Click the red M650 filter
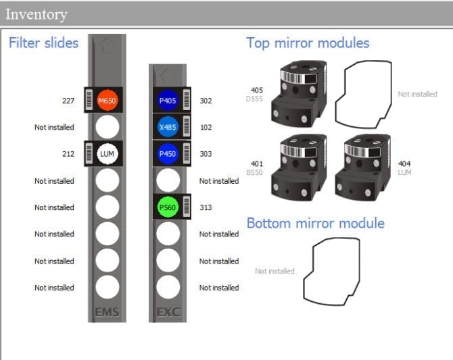click(x=108, y=101)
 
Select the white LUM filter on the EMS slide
click(x=108, y=154)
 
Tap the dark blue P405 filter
click(x=168, y=101)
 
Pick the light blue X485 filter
click(x=168, y=127)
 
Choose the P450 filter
click(x=168, y=154)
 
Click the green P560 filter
click(x=168, y=207)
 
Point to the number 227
click(x=68, y=101)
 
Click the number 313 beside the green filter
click(x=206, y=207)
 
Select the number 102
click(x=206, y=127)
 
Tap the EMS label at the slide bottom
click(x=108, y=313)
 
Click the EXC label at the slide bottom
click(x=168, y=313)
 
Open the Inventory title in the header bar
click(x=37, y=14)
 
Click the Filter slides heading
click(x=43, y=43)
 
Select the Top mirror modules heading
click(x=308, y=43)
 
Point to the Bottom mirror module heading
click(x=315, y=224)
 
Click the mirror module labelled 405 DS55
click(x=298, y=94)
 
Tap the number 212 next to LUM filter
click(x=68, y=154)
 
